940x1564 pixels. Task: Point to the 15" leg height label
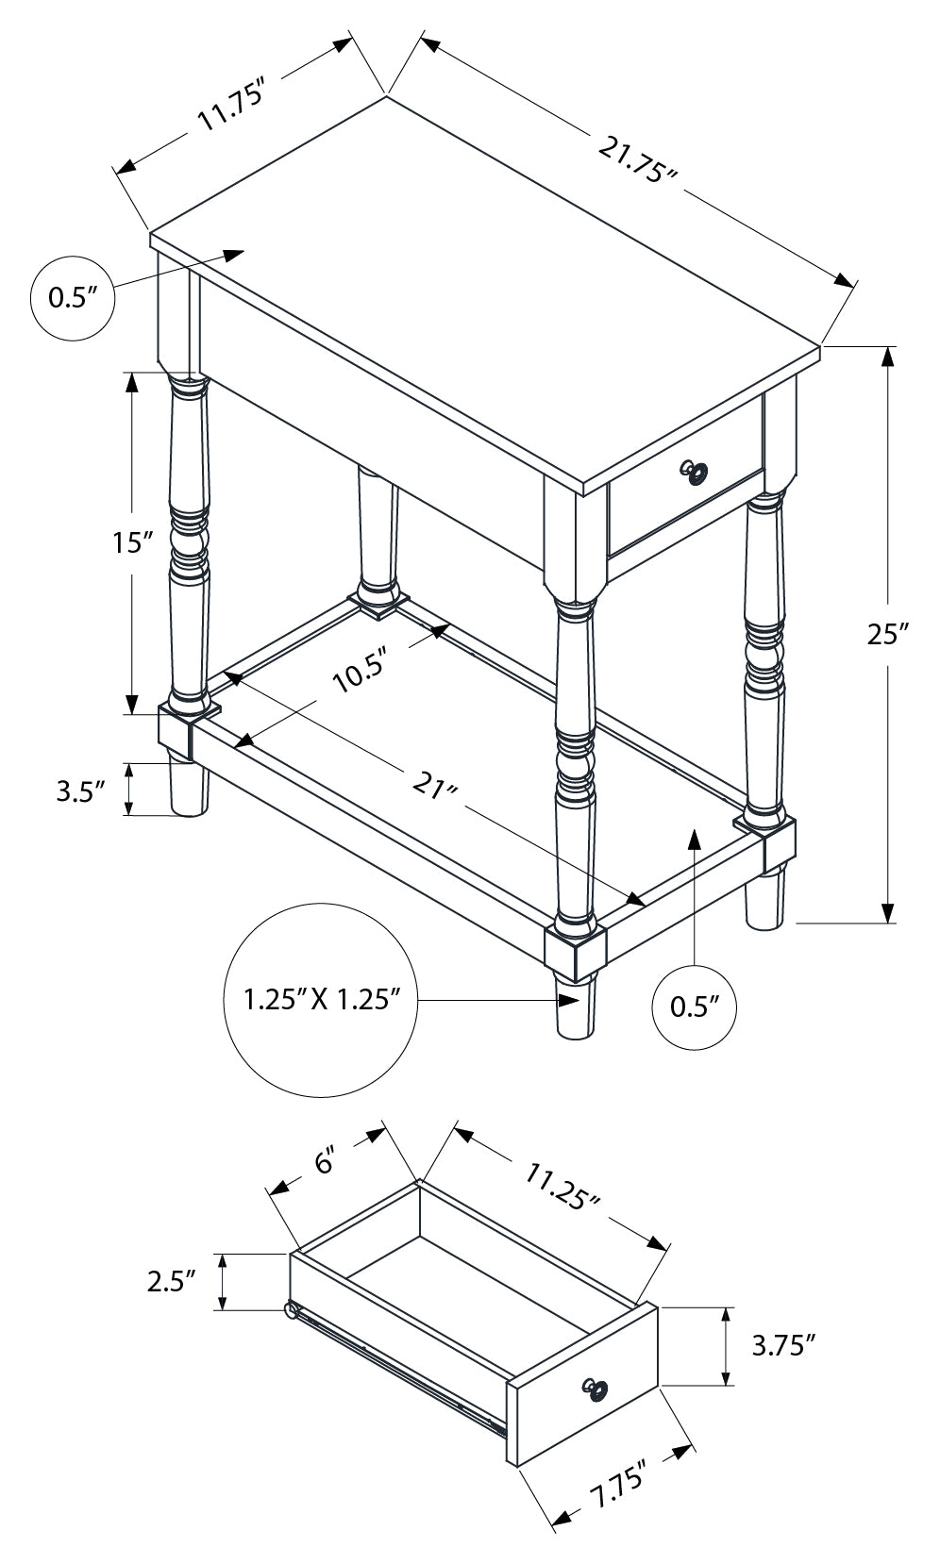[130, 542]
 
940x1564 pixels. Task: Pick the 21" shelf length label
[435, 784]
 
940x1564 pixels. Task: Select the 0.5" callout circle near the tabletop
[73, 298]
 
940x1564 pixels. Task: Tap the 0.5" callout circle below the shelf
[694, 1007]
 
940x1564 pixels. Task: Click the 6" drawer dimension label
[326, 1163]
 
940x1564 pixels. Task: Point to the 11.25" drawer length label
[562, 1186]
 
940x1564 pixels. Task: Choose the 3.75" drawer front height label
[782, 1345]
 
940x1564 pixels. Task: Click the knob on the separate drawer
[596, 1389]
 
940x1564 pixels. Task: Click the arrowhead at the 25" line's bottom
[888, 912]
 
